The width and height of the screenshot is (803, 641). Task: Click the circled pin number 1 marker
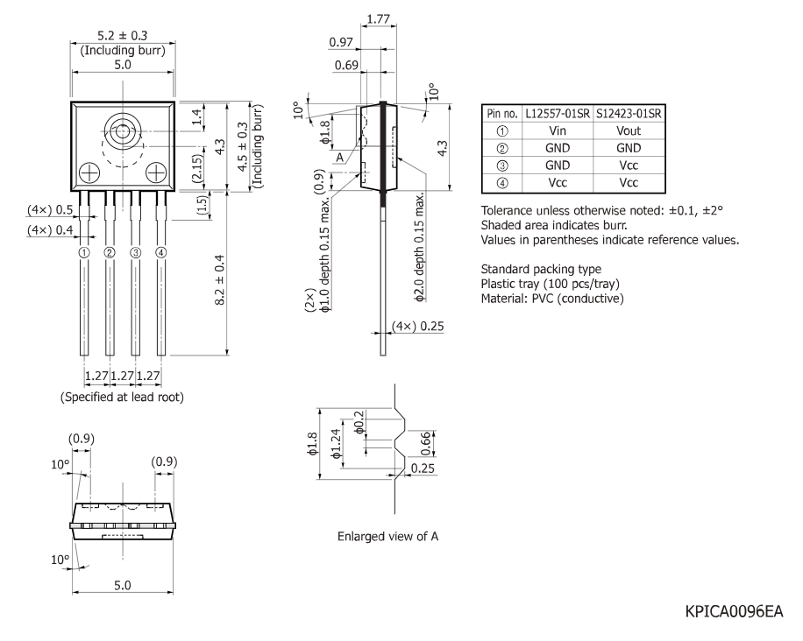pyautogui.click(x=84, y=252)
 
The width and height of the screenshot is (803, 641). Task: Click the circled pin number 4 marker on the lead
pyautogui.click(x=161, y=252)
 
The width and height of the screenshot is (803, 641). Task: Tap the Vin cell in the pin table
pyautogui.click(x=558, y=131)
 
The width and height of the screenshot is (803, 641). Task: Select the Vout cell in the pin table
pyautogui.click(x=629, y=131)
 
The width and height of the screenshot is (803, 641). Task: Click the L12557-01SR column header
pyautogui.click(x=558, y=114)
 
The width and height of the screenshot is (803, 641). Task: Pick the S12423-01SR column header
pyautogui.click(x=629, y=114)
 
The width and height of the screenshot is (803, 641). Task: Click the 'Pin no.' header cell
pyautogui.click(x=502, y=114)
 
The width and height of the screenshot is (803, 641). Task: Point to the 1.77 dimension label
pyautogui.click(x=379, y=19)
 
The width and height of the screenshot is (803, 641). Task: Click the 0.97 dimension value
pyautogui.click(x=341, y=42)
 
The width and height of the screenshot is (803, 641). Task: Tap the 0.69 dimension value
pyautogui.click(x=346, y=65)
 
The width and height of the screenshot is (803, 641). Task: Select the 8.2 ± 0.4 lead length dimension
pyautogui.click(x=220, y=280)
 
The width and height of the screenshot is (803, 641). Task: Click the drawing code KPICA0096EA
pyautogui.click(x=734, y=611)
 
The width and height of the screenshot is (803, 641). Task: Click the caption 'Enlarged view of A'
pyautogui.click(x=387, y=536)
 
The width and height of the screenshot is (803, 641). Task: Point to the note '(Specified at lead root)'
pyautogui.click(x=122, y=397)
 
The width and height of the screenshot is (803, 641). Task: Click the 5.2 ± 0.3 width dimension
pyautogui.click(x=123, y=35)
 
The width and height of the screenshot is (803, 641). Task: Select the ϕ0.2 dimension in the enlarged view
pyautogui.click(x=359, y=422)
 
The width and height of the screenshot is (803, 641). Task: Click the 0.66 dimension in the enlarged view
pyautogui.click(x=425, y=443)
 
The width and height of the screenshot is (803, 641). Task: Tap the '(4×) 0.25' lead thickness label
pyautogui.click(x=418, y=327)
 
